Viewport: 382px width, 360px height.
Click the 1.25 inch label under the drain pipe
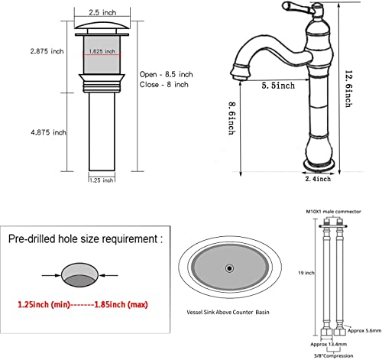coord(102,180)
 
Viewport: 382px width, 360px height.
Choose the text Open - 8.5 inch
coord(165,74)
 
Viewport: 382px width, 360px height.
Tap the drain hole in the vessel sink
coord(228,268)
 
